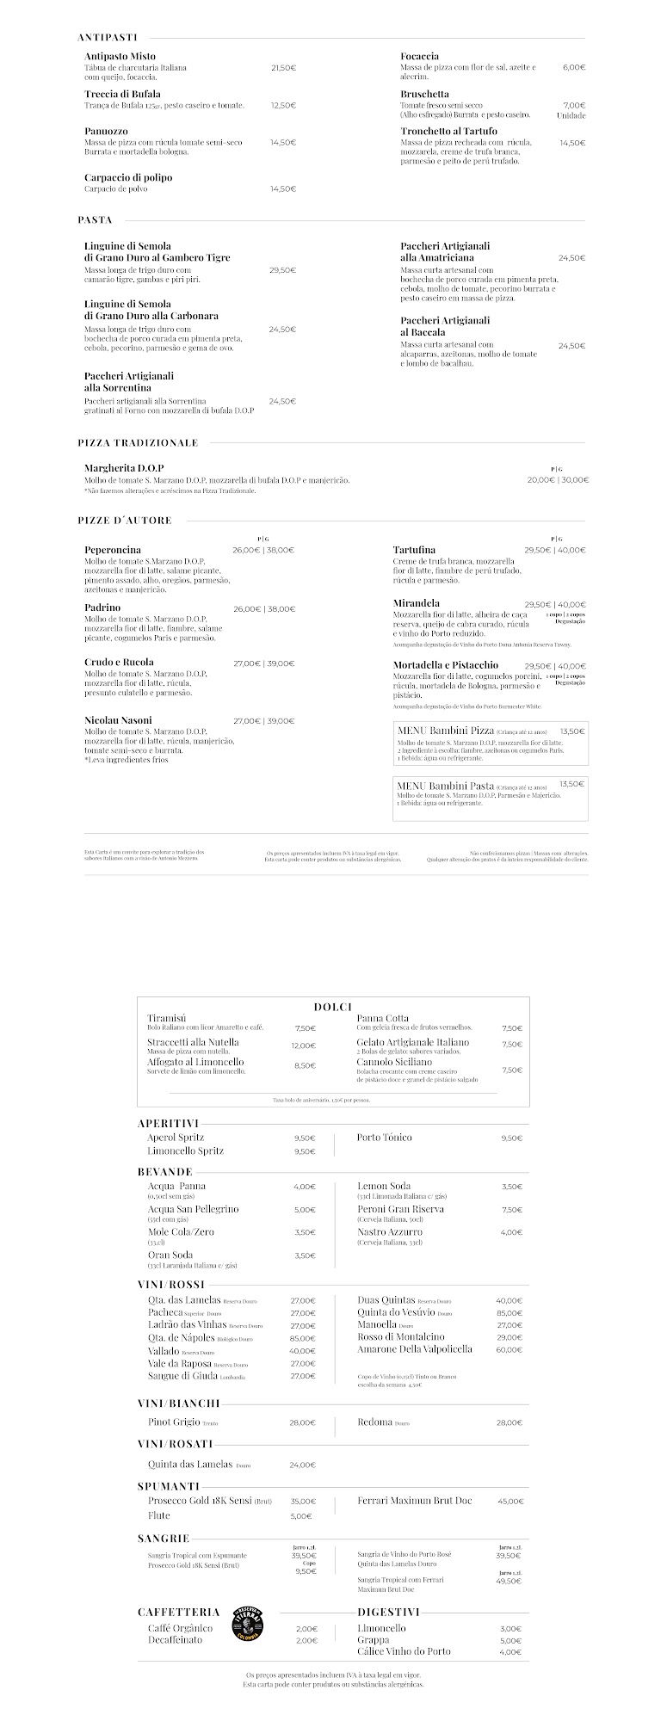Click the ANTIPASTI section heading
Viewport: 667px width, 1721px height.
point(108,38)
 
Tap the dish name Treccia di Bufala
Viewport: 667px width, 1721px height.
point(122,94)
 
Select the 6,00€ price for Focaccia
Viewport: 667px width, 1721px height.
point(574,67)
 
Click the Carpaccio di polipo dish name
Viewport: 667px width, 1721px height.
point(128,177)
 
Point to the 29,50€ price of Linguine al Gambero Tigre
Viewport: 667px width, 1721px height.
point(282,270)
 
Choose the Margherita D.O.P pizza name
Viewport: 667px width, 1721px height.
point(124,468)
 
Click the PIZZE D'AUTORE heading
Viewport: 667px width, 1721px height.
point(125,521)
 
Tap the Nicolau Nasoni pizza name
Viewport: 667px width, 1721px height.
point(118,720)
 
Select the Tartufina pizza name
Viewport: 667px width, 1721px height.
point(414,550)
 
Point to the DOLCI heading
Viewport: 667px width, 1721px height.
point(333,1008)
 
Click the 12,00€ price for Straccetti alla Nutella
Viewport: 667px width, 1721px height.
point(303,1046)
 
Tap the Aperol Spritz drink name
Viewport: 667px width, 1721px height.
point(176,1138)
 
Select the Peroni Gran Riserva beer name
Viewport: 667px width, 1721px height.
point(401,1209)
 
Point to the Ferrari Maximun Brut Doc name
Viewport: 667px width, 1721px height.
point(415,1501)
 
